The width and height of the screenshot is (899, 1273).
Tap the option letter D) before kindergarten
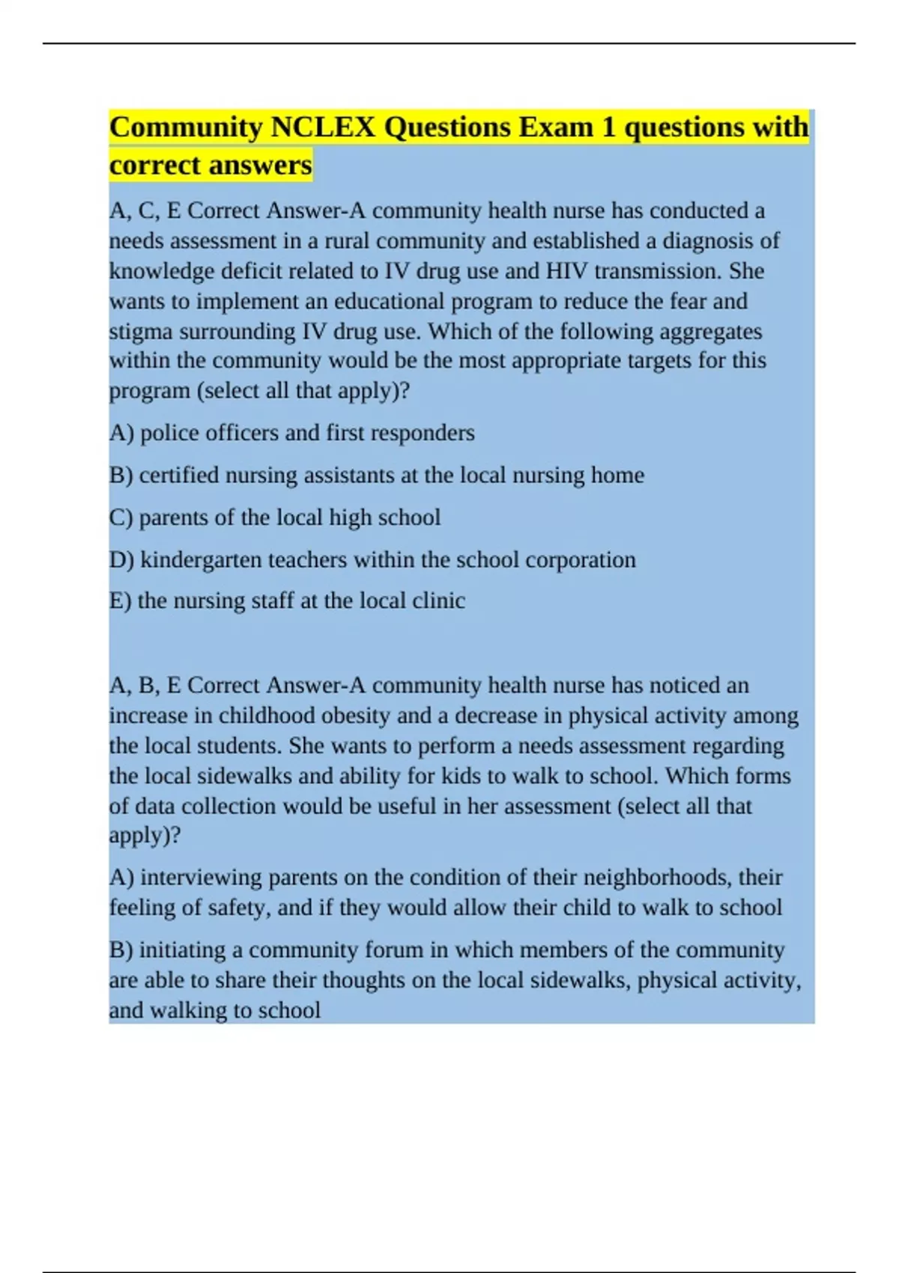pyautogui.click(x=121, y=560)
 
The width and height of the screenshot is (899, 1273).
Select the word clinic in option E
pyautogui.click(x=438, y=601)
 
